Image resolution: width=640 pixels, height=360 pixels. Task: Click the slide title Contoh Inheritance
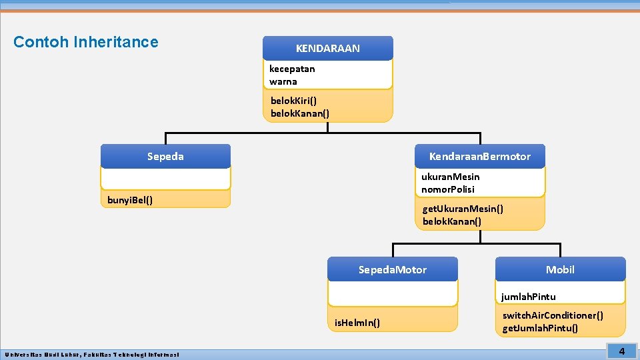86,42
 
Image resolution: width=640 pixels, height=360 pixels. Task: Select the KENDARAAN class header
327,49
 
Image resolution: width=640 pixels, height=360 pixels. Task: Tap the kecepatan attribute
292,69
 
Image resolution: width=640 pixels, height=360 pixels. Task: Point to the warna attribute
283,81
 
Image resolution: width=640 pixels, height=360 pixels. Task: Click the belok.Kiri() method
293,101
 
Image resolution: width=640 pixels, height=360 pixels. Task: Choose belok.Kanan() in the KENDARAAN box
300,113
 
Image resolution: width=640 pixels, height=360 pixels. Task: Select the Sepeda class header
165,157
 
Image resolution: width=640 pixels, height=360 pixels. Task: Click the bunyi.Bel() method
130,200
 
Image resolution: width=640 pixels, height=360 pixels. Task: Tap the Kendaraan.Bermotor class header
479,157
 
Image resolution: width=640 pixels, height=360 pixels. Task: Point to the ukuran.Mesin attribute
450,177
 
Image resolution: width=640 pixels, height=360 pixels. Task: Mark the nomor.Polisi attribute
448,189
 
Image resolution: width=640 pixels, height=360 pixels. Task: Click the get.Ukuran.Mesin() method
463,209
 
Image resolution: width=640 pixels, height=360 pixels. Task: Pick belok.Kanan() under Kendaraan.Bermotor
452,221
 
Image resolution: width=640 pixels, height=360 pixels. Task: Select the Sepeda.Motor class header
392,270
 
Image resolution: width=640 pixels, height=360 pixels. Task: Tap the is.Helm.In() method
357,323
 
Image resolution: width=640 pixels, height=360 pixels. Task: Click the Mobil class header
560,270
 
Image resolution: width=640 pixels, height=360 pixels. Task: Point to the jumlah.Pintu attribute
529,297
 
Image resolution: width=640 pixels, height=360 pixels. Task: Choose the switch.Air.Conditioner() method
553,315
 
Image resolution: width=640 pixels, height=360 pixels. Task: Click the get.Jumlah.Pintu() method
540,328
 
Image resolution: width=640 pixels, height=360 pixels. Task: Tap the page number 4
621,351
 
